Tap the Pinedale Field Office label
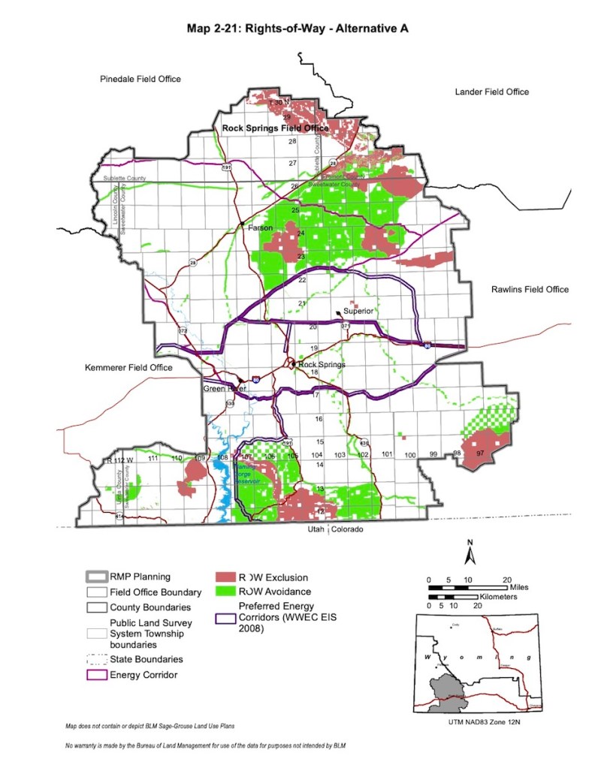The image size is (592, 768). pyautogui.click(x=140, y=79)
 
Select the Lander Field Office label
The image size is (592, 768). pyautogui.click(x=491, y=92)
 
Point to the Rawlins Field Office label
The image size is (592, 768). pyautogui.click(x=530, y=289)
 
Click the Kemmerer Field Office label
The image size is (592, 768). pyautogui.click(x=128, y=368)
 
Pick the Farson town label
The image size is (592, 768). pyautogui.click(x=260, y=227)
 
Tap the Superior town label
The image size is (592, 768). pyautogui.click(x=358, y=311)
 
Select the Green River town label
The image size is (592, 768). pyautogui.click(x=225, y=389)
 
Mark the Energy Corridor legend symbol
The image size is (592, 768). pyautogui.click(x=95, y=674)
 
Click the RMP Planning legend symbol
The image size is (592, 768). pyautogui.click(x=95, y=577)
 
